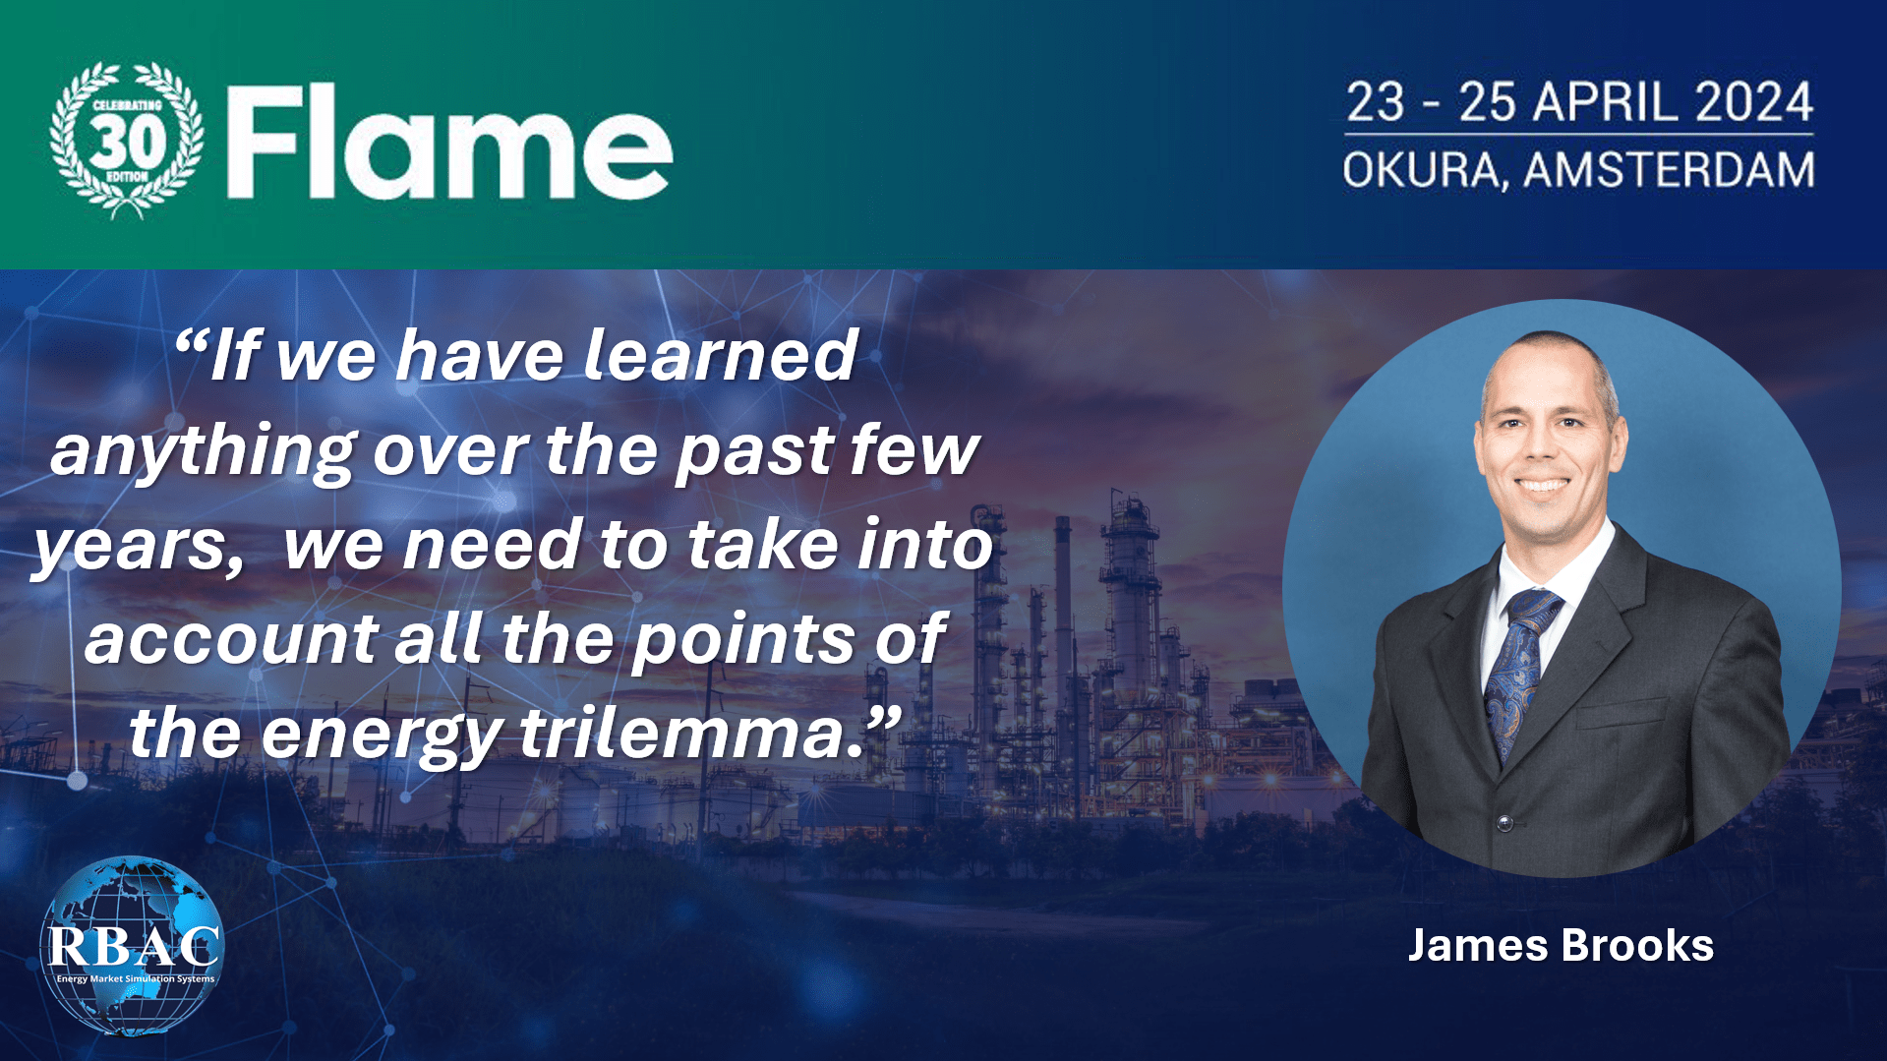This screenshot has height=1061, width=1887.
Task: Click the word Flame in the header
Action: point(450,144)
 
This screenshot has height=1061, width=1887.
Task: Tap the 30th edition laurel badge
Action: point(127,139)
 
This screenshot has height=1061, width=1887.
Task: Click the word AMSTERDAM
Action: point(1669,169)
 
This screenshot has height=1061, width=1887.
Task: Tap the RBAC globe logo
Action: point(132,945)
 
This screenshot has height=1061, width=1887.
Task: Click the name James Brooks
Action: point(1561,945)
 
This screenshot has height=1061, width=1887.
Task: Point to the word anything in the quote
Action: point(203,452)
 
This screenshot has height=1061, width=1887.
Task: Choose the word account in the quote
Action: point(232,640)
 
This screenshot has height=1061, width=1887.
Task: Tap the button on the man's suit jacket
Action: point(1504,822)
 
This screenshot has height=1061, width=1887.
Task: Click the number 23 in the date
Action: point(1376,102)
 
